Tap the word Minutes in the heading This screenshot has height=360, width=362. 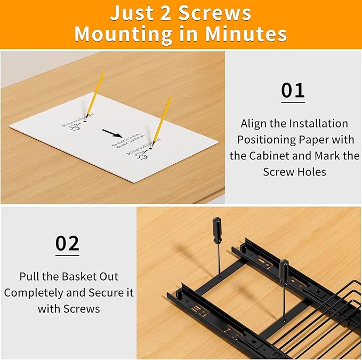247,34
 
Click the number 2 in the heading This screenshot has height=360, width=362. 164,13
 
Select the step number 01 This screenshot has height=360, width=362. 293,90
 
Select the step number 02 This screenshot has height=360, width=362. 68,243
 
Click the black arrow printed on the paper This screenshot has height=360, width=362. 112,132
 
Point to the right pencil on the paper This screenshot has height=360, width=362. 162,121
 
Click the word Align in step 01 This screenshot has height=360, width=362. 253,124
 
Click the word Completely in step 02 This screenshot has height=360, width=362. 36,293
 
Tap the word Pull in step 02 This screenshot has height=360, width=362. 29,277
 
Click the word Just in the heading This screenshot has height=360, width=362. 128,13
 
